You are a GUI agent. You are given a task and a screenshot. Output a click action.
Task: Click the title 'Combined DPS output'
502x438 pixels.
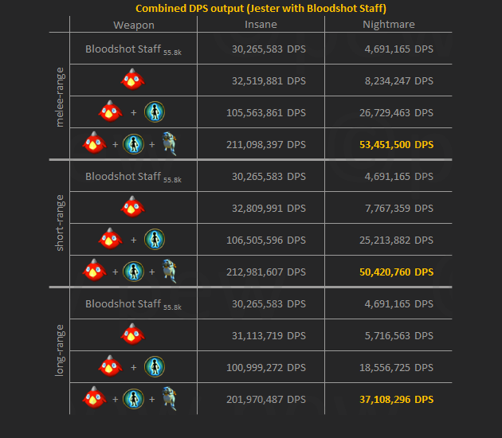point(261,9)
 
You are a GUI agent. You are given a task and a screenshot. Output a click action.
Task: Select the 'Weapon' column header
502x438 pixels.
point(134,25)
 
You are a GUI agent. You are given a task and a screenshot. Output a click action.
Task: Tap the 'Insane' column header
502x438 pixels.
point(261,25)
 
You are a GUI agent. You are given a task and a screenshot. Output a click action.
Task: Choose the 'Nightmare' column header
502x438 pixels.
point(388,25)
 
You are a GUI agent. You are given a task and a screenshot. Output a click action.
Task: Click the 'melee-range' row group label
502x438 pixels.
point(60,96)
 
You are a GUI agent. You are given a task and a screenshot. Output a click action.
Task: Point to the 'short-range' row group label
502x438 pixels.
point(60,223)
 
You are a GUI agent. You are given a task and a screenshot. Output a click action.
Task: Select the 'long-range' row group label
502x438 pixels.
point(60,350)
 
